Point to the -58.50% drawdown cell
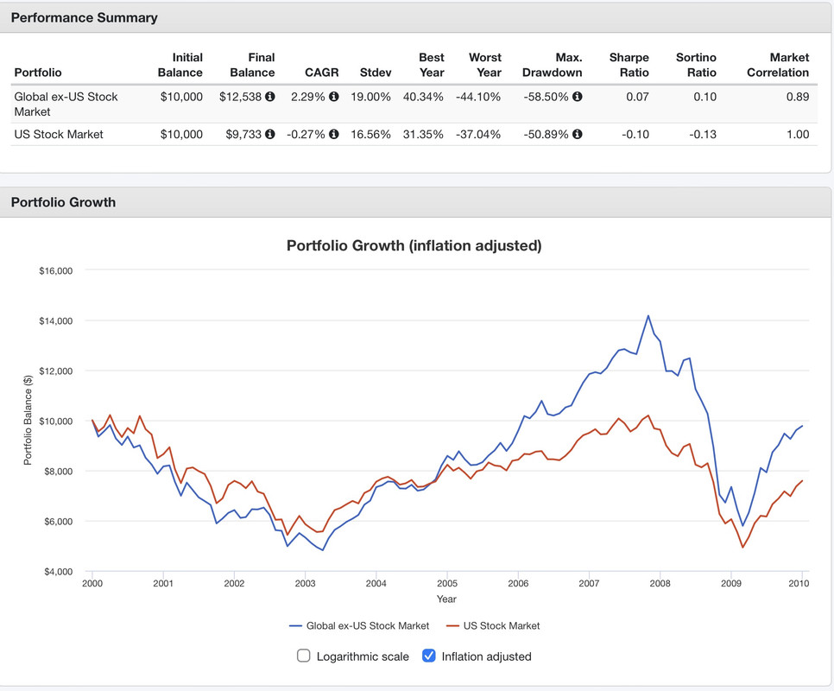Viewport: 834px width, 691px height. point(546,97)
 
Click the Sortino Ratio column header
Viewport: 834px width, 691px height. point(696,65)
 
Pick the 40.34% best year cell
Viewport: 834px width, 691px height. point(423,97)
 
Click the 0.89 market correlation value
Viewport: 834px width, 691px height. point(798,97)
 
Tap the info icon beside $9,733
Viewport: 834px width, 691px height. point(270,134)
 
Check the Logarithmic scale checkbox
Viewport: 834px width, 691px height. point(304,656)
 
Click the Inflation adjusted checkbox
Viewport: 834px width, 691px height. point(429,656)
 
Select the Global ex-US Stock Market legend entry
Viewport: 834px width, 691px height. point(359,625)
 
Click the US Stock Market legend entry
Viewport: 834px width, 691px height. point(492,625)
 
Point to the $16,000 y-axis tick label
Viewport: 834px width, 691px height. point(55,271)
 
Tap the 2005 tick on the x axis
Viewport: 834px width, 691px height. point(446,584)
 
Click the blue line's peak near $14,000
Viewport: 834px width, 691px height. point(648,315)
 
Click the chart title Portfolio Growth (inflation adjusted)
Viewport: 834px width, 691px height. point(414,245)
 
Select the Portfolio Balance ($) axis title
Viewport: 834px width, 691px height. point(28,421)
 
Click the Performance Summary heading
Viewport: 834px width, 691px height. point(84,17)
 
